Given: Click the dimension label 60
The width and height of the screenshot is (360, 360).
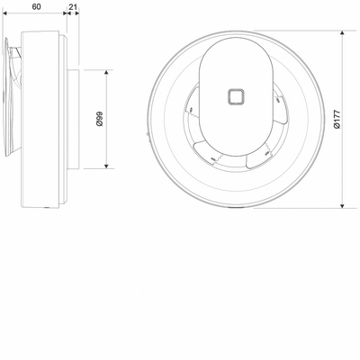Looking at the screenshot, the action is [36, 6].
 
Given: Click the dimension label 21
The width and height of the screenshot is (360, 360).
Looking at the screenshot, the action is [73, 6].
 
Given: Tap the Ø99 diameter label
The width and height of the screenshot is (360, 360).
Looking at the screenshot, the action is [100, 119].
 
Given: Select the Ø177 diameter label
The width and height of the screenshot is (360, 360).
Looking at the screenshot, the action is [337, 119].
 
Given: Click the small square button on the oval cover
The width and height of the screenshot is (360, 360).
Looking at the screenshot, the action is [236, 96].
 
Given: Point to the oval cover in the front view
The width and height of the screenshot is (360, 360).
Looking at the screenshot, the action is [236, 96].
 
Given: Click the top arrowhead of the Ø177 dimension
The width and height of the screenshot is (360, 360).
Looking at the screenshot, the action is [343, 33].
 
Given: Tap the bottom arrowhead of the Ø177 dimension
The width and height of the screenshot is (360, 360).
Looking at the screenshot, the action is [343, 205].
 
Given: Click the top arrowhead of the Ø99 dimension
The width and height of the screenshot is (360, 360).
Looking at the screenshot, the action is [106, 73].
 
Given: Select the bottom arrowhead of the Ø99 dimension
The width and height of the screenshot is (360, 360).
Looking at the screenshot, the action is [106, 165].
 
